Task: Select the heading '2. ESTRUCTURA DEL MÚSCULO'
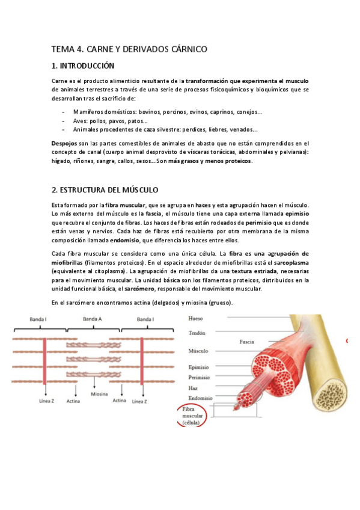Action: click(x=105, y=189)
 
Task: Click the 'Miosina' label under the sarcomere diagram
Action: click(x=99, y=394)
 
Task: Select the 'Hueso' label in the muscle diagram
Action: click(x=196, y=319)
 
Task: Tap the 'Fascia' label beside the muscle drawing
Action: click(x=247, y=341)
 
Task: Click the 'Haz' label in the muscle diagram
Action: click(x=193, y=388)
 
